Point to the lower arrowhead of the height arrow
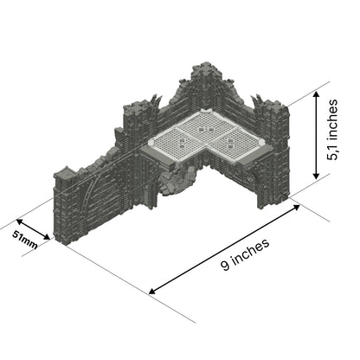click(318, 176)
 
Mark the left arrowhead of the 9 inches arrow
click(154, 292)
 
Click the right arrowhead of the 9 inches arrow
click(292, 209)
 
